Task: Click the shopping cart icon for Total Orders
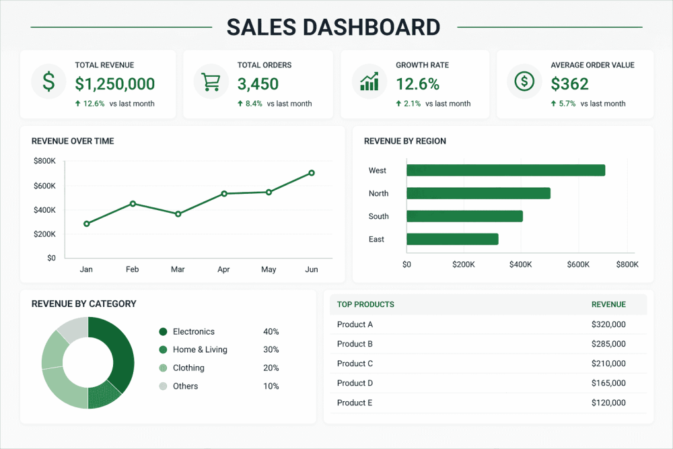click(x=211, y=81)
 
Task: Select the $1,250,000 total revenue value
click(x=115, y=84)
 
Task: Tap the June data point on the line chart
click(x=312, y=173)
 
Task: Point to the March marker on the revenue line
click(x=178, y=214)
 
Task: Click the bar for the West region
click(x=505, y=170)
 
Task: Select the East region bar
click(x=452, y=239)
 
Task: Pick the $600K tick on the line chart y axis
click(x=44, y=186)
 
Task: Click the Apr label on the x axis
click(x=223, y=269)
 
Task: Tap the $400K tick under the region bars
click(x=520, y=265)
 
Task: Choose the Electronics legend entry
click(x=193, y=332)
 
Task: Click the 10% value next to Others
click(x=271, y=386)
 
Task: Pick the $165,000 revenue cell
click(x=608, y=383)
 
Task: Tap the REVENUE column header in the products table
click(x=608, y=304)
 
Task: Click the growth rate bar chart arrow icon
click(x=369, y=81)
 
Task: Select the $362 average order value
click(x=569, y=84)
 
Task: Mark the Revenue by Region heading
click(x=404, y=141)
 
